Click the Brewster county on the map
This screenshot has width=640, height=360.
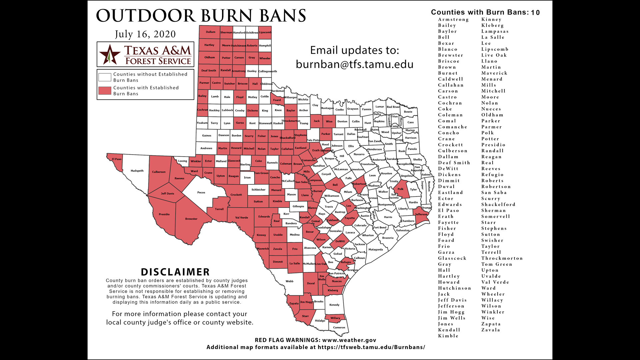191,219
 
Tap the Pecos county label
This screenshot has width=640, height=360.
201,193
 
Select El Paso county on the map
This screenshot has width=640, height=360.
116,159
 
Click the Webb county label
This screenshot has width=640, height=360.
289,281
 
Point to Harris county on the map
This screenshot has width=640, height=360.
388,217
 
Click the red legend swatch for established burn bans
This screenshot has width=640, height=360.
105,91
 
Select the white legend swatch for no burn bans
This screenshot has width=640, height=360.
105,77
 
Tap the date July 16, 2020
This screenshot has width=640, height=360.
145,34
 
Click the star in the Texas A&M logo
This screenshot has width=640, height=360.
110,54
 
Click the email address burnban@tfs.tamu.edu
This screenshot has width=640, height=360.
354,64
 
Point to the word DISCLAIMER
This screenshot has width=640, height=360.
175,272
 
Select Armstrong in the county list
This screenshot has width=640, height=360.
453,20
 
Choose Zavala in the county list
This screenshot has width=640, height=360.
490,330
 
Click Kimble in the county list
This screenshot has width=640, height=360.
448,336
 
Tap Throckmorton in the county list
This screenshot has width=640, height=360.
502,258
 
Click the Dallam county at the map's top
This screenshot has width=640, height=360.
210,32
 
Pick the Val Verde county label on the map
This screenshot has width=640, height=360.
241,218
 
